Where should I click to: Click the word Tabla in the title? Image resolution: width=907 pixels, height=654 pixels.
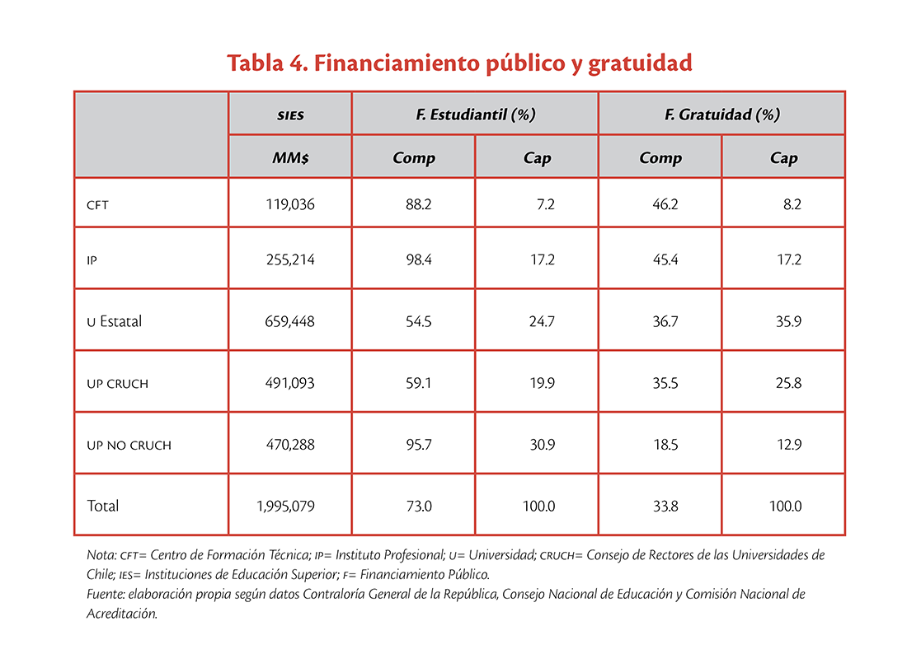(255, 63)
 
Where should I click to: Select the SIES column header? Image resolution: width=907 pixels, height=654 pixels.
(290, 115)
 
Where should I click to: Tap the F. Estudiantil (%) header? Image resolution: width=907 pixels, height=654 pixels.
(475, 114)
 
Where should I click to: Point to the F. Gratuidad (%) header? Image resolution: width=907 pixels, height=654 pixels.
(722, 114)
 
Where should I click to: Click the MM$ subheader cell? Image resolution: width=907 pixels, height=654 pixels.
(290, 157)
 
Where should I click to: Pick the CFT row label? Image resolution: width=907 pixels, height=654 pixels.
(97, 205)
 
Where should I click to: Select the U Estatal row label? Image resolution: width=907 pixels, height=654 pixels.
(114, 321)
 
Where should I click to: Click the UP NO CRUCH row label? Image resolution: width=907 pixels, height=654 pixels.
(129, 446)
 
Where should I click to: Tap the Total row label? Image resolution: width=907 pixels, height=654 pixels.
(102, 506)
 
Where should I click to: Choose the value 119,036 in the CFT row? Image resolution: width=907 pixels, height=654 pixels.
(289, 204)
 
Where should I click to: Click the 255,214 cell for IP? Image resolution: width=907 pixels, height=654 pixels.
(290, 260)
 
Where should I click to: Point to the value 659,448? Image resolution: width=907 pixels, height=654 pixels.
(289, 322)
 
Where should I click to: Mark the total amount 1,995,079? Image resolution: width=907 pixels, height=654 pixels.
(286, 507)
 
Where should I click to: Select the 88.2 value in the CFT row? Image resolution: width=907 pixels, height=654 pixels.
(418, 204)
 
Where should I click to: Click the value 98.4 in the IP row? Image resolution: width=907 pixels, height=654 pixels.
(418, 260)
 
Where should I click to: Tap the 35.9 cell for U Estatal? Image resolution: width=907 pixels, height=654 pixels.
(788, 322)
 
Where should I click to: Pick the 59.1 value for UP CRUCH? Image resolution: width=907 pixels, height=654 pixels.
(418, 384)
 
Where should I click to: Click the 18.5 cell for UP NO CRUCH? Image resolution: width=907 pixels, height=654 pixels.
(665, 445)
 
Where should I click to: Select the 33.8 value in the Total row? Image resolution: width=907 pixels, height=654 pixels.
(665, 507)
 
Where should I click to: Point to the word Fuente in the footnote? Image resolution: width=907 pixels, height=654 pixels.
(106, 594)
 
